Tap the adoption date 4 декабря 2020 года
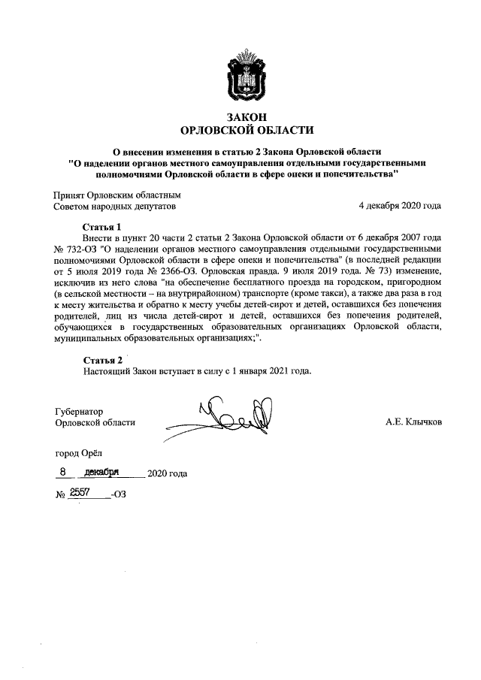click(400, 204)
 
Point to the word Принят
click(71, 193)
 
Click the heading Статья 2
click(102, 360)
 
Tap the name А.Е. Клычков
click(413, 422)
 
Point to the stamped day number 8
click(65, 471)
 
